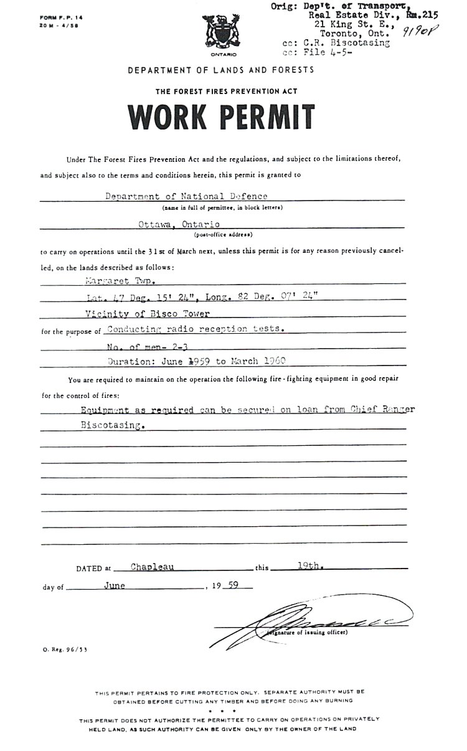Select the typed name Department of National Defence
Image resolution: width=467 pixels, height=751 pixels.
186,196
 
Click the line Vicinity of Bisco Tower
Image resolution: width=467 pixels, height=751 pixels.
148,313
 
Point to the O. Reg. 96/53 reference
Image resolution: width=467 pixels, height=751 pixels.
57,649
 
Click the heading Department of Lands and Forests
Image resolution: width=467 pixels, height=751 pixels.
221,70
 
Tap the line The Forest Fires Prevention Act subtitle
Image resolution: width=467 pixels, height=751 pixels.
227,91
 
